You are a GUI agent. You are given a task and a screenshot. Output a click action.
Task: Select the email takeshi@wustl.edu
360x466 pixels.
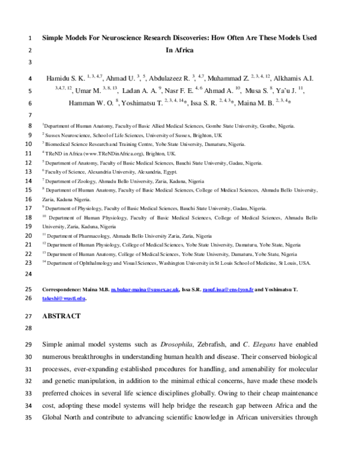(64, 298)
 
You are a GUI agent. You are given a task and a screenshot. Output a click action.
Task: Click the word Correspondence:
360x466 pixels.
(63, 289)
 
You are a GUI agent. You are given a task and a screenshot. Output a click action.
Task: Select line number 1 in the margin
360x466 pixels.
(30, 38)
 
